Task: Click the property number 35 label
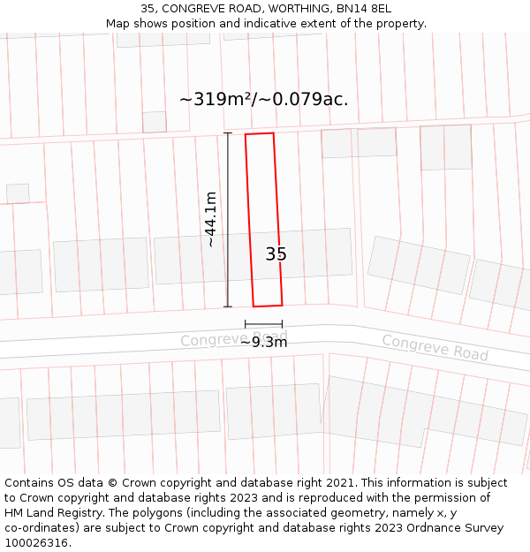click(276, 254)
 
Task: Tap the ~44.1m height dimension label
click(211, 219)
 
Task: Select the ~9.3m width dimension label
click(263, 342)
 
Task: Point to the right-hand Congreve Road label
click(435, 347)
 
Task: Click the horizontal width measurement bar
click(263, 325)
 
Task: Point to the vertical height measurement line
click(228, 221)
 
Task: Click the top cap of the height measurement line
click(228, 133)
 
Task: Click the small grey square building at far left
click(18, 193)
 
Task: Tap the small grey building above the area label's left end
click(155, 122)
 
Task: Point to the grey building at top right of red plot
click(359, 143)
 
